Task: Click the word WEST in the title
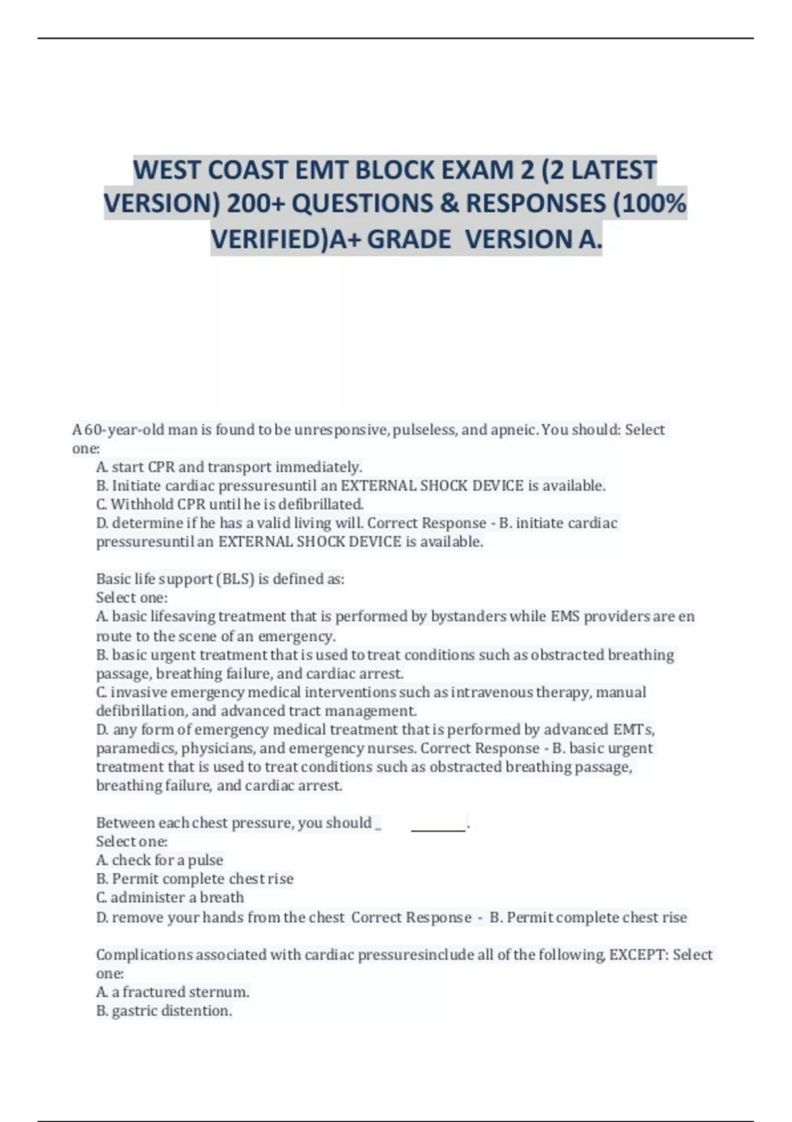point(167,170)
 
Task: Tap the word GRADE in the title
point(409,240)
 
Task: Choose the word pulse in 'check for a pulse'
point(205,860)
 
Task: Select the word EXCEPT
point(637,955)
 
